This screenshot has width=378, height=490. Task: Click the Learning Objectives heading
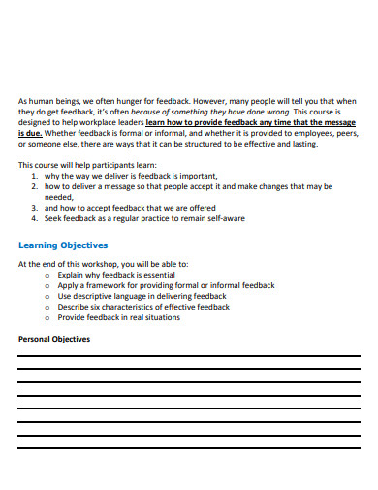[63, 245]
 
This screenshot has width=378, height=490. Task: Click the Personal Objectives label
[54, 339]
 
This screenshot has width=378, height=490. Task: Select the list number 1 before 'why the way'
[35, 176]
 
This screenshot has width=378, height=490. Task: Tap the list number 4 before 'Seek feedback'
[35, 218]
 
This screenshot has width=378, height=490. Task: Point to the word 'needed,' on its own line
[60, 197]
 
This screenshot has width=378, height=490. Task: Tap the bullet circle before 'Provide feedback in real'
[48, 317]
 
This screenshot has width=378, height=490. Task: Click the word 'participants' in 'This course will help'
[105, 165]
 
